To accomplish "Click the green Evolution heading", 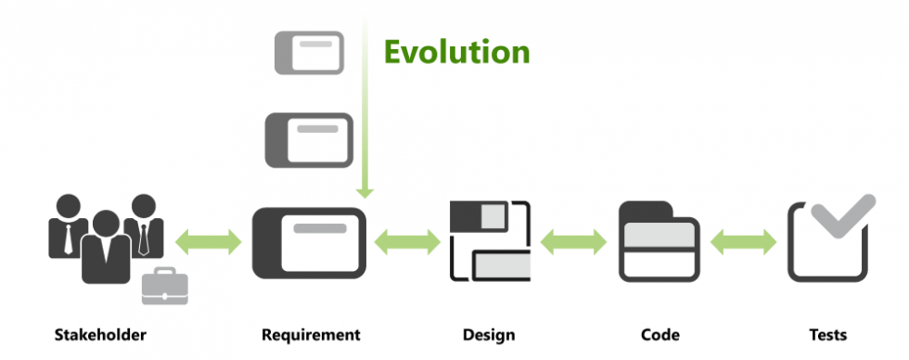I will [x=457, y=52].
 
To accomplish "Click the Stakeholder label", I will [x=100, y=334].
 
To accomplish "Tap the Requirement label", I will [x=310, y=334].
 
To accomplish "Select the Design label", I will [x=488, y=334].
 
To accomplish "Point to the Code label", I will [x=659, y=334].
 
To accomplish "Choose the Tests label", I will [x=826, y=334].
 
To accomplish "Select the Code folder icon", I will [x=659, y=241].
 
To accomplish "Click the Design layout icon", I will [x=490, y=240].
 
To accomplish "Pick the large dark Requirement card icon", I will [x=310, y=242].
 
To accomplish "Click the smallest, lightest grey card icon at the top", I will [x=309, y=52].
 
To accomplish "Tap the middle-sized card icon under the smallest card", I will [x=309, y=139].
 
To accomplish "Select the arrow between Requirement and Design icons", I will [x=407, y=243].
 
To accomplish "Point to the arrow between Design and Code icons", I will [x=573, y=243].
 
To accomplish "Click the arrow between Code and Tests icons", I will [x=743, y=243].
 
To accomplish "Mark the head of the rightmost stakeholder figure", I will [x=142, y=206].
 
